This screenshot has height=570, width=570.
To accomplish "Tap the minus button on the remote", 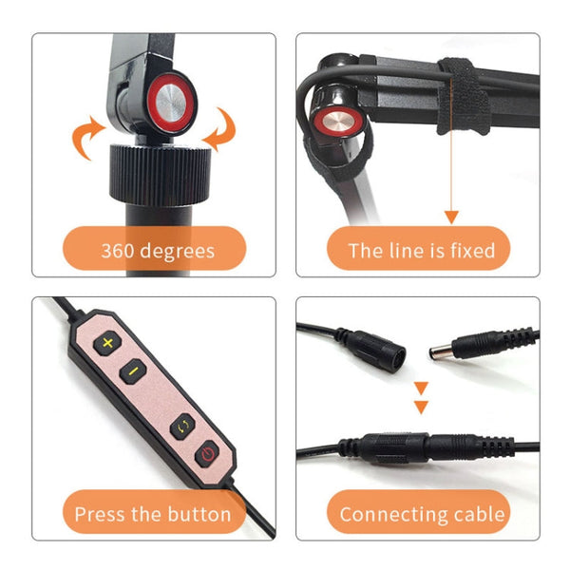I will tap(134, 370).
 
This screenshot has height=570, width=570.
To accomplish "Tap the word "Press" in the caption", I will tap(99, 515).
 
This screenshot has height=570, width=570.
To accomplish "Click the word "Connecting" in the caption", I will tap(392, 515).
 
